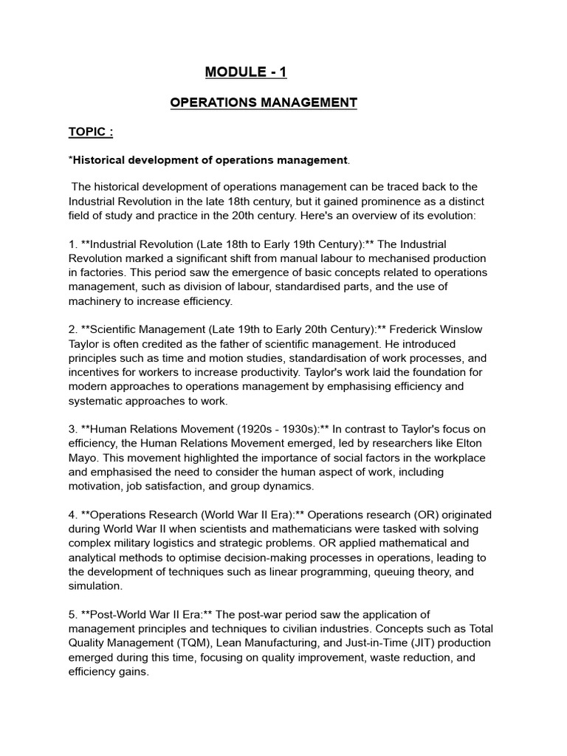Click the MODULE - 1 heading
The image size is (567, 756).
click(245, 72)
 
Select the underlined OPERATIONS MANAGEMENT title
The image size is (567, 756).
click(264, 103)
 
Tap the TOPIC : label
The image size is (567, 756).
click(91, 132)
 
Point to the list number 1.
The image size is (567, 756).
click(72, 244)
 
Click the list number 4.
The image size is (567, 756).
click(72, 515)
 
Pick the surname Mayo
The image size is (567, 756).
click(83, 458)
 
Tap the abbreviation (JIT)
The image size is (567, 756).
click(426, 643)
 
